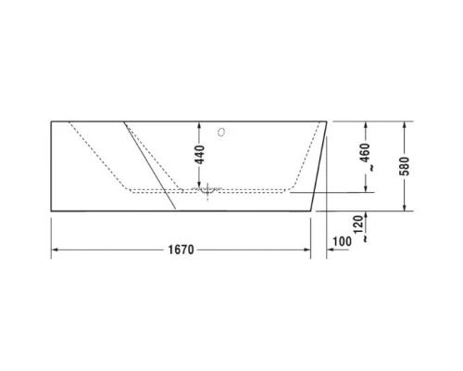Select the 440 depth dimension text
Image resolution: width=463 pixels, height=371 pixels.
click(x=197, y=156)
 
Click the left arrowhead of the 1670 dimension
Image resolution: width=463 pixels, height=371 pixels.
click(x=55, y=249)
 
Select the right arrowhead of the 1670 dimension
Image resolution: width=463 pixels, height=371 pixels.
click(x=310, y=249)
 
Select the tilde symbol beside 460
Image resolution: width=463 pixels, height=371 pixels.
click(x=369, y=169)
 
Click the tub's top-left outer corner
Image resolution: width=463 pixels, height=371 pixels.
click(x=50, y=121)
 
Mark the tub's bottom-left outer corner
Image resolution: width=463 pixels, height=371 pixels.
click(x=50, y=210)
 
